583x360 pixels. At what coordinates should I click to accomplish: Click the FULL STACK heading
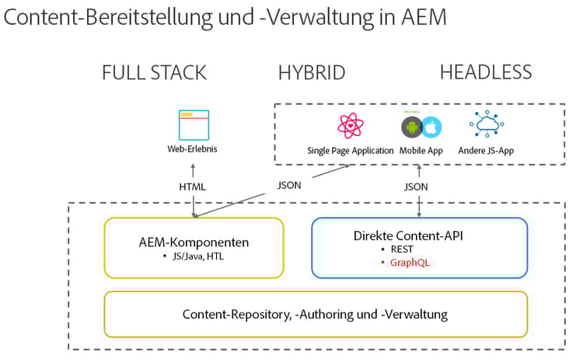(x=154, y=73)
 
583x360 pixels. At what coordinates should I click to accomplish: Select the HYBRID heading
(x=312, y=73)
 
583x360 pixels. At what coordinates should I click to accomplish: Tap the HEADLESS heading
(x=486, y=73)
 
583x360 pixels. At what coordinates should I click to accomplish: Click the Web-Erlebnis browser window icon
(x=193, y=124)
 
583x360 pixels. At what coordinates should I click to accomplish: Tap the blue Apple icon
(x=431, y=128)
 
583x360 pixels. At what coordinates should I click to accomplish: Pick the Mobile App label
(x=421, y=151)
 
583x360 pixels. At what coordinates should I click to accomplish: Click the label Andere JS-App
(x=487, y=151)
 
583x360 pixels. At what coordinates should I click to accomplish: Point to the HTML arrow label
(x=193, y=187)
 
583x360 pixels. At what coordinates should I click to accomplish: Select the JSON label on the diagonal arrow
(x=291, y=185)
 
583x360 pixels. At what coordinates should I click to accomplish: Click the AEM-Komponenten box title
(x=193, y=241)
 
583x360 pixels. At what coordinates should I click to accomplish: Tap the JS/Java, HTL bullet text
(x=196, y=256)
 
